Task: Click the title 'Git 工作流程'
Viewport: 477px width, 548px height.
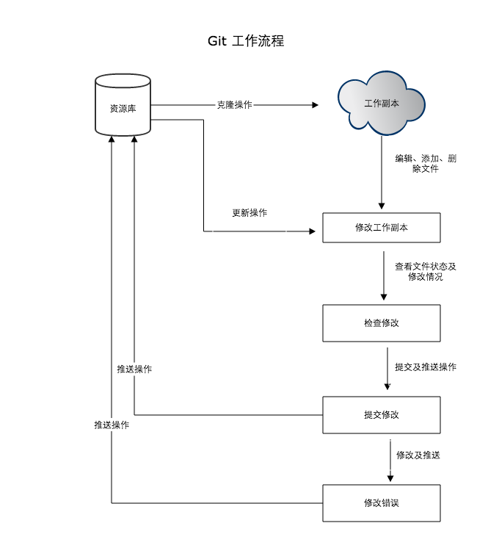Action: [246, 41]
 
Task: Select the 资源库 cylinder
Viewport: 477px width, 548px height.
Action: [123, 107]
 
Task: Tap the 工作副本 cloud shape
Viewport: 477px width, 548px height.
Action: [382, 104]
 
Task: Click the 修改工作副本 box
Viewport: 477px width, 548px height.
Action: [382, 228]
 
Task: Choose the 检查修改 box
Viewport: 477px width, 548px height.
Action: [382, 323]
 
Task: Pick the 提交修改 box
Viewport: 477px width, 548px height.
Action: [382, 415]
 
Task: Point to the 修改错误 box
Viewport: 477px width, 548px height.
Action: [382, 503]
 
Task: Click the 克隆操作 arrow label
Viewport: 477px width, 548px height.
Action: [234, 105]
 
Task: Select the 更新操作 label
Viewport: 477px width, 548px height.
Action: [250, 213]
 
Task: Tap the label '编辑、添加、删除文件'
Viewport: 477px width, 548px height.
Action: [426, 164]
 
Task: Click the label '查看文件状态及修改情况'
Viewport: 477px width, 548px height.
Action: [426, 272]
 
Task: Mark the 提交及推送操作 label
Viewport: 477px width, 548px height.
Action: [426, 367]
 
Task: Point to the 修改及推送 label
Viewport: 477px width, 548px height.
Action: [418, 455]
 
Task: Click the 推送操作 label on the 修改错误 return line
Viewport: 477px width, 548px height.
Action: [112, 425]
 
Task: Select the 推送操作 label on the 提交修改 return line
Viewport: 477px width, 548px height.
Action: [134, 369]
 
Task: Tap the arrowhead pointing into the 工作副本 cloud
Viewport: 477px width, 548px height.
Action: [315, 105]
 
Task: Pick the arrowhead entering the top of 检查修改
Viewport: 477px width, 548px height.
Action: [384, 297]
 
